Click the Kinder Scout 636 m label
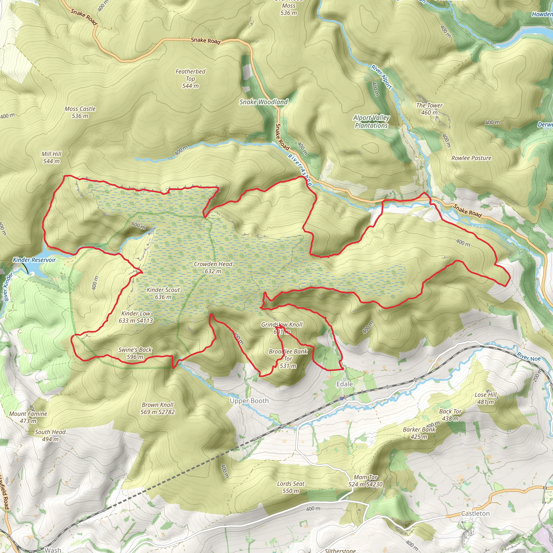point(163,294)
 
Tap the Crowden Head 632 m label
point(213,268)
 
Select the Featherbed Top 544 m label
point(190,78)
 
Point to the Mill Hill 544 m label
point(52,157)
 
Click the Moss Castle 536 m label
point(80,112)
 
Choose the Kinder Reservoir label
point(34,260)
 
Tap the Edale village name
point(344,384)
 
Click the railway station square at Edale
point(342,398)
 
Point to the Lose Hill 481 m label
point(486,398)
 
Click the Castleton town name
point(475,514)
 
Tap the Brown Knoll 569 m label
point(157,408)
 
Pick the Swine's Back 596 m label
point(135,353)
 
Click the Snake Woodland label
point(263,102)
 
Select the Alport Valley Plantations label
point(371,122)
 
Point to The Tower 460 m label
point(429,109)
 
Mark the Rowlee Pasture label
point(471,158)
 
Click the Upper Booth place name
point(249,401)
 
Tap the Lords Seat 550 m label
point(291,487)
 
